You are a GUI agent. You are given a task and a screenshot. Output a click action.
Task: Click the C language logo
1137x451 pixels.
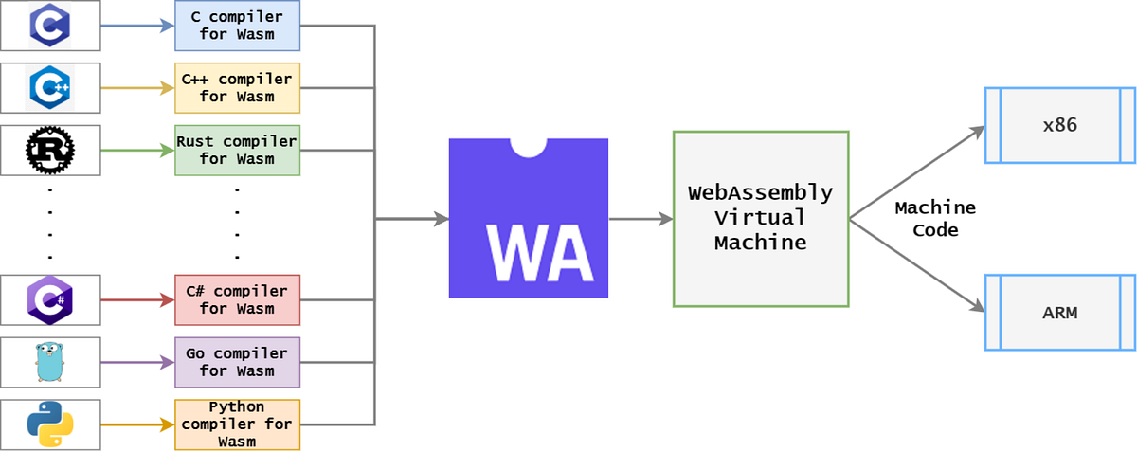50,26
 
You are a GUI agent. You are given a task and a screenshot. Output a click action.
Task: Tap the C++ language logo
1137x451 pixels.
50,88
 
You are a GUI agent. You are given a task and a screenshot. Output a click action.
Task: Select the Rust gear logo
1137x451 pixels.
50,150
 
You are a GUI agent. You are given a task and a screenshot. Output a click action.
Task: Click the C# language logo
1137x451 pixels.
50,299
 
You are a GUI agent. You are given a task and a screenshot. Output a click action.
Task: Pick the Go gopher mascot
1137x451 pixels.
50,362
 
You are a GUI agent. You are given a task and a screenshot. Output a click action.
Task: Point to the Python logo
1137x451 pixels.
50,424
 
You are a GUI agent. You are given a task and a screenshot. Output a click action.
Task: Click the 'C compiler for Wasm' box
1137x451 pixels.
237,27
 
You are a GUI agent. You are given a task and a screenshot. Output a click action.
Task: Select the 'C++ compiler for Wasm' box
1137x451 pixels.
237,88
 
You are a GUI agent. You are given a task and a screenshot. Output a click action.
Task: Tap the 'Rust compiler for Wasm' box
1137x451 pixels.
237,150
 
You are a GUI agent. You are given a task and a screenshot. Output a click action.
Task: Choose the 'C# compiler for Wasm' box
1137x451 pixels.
237,299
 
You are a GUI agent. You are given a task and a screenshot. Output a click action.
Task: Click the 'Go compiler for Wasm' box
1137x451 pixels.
237,362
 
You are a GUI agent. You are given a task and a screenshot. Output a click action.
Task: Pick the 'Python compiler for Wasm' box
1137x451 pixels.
237,424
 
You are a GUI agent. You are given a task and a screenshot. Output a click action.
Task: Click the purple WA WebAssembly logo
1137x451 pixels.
528,218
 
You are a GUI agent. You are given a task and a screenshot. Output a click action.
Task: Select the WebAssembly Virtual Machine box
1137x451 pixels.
760,218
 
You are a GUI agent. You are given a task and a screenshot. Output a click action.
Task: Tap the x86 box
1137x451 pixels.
1058,125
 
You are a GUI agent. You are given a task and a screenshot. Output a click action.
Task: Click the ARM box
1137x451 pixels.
1058,312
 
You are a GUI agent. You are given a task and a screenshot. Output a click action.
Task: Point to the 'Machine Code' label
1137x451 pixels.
934,219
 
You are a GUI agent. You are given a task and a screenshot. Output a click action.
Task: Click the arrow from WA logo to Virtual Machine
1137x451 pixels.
640,219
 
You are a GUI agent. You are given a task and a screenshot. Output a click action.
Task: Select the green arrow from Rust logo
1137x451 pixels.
137,150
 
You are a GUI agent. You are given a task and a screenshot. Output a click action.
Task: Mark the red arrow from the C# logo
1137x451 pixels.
137,299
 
